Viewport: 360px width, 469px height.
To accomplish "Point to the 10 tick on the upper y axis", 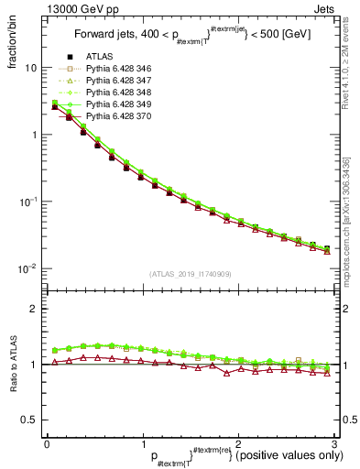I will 29,68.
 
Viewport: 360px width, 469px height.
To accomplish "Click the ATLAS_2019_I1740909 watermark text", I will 190,275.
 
